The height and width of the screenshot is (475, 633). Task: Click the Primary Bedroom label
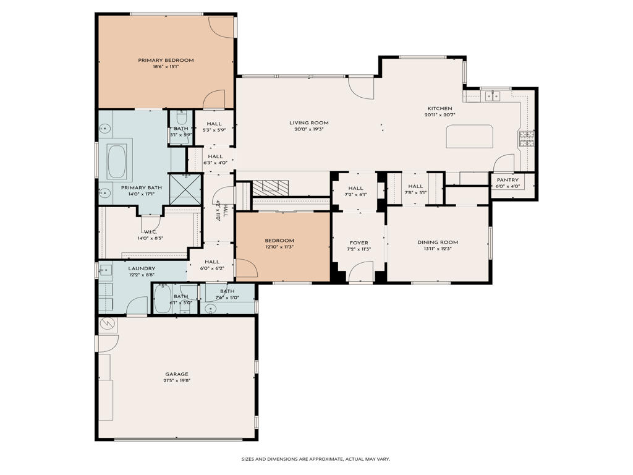click(x=166, y=60)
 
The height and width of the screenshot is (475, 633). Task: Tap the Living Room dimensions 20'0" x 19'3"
click(x=309, y=131)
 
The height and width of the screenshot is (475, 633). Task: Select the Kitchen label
click(x=439, y=108)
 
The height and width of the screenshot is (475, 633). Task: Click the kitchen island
click(x=470, y=136)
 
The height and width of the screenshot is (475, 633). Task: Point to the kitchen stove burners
click(x=527, y=139)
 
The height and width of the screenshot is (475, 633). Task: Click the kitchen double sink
click(x=492, y=96)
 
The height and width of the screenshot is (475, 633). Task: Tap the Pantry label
click(x=508, y=180)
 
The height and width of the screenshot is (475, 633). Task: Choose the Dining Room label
click(x=438, y=242)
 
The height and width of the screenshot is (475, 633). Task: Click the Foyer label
click(x=359, y=243)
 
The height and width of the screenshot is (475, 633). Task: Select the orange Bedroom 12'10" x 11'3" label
click(x=279, y=241)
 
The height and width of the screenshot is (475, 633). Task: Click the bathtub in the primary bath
click(x=117, y=161)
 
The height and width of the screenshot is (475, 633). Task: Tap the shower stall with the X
click(x=185, y=189)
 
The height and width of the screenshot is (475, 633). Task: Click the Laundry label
click(x=142, y=268)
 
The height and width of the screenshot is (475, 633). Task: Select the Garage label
click(x=176, y=374)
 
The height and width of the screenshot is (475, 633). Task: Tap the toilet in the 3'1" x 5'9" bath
click(x=181, y=118)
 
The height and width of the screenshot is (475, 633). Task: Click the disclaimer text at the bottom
click(x=315, y=459)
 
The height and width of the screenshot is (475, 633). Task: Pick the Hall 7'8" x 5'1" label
click(x=415, y=186)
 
